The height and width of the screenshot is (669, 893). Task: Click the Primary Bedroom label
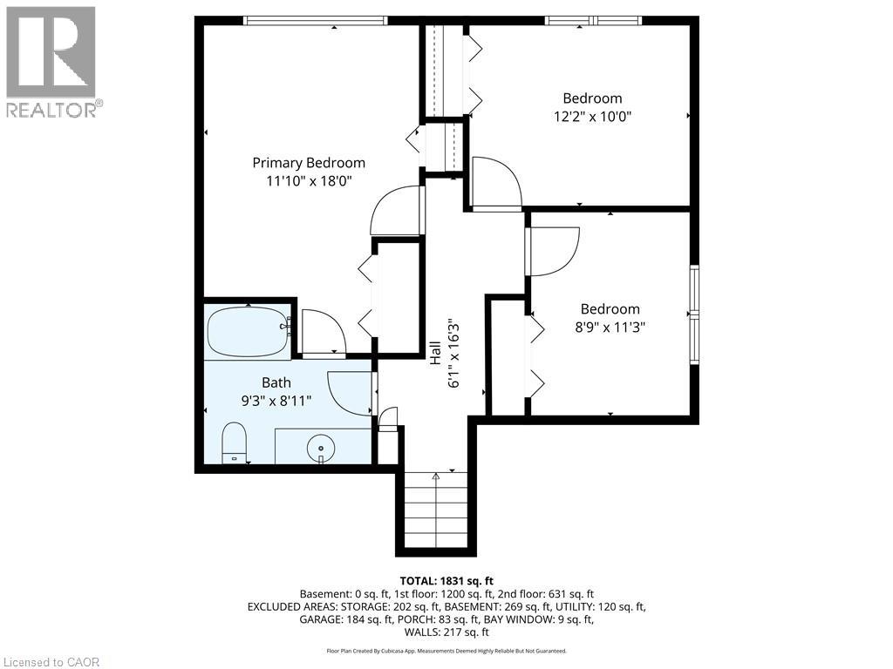coord(309,163)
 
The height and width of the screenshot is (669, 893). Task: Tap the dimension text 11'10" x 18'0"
coord(309,181)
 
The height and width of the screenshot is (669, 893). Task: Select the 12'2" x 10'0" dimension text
coord(592,116)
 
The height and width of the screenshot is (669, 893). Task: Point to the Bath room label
coord(276,382)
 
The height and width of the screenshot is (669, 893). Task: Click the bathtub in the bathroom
coord(249,331)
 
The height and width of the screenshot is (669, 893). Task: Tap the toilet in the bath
coord(235,442)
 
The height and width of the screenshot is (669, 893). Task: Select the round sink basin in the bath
coord(321,448)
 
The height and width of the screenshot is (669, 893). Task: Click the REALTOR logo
coord(51,62)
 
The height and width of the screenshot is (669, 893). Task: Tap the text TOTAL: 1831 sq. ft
coord(446,579)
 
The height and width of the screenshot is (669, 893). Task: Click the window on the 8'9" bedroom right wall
coord(694,314)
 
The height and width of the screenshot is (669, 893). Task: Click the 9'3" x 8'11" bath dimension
coord(276,400)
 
